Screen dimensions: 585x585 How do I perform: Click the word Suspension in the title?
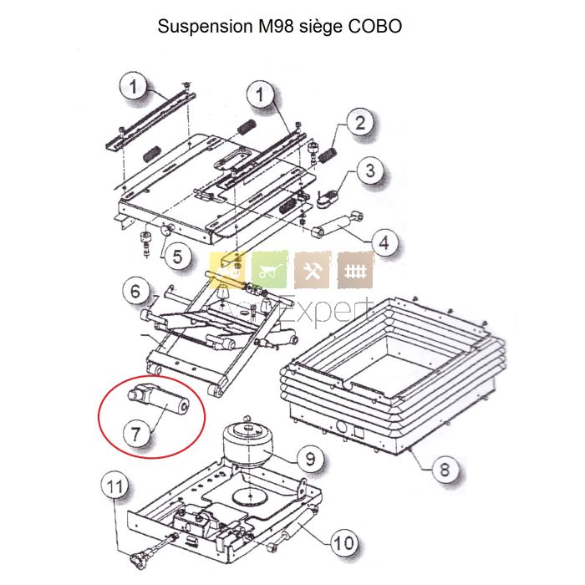[201, 26]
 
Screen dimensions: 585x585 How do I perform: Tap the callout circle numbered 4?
[383, 244]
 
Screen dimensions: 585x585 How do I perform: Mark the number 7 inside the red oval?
[137, 433]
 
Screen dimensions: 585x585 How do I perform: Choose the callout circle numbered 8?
[444, 470]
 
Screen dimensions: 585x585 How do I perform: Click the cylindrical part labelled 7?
[167, 402]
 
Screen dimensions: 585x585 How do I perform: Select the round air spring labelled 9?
[249, 444]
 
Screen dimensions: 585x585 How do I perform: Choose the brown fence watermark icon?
[355, 271]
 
